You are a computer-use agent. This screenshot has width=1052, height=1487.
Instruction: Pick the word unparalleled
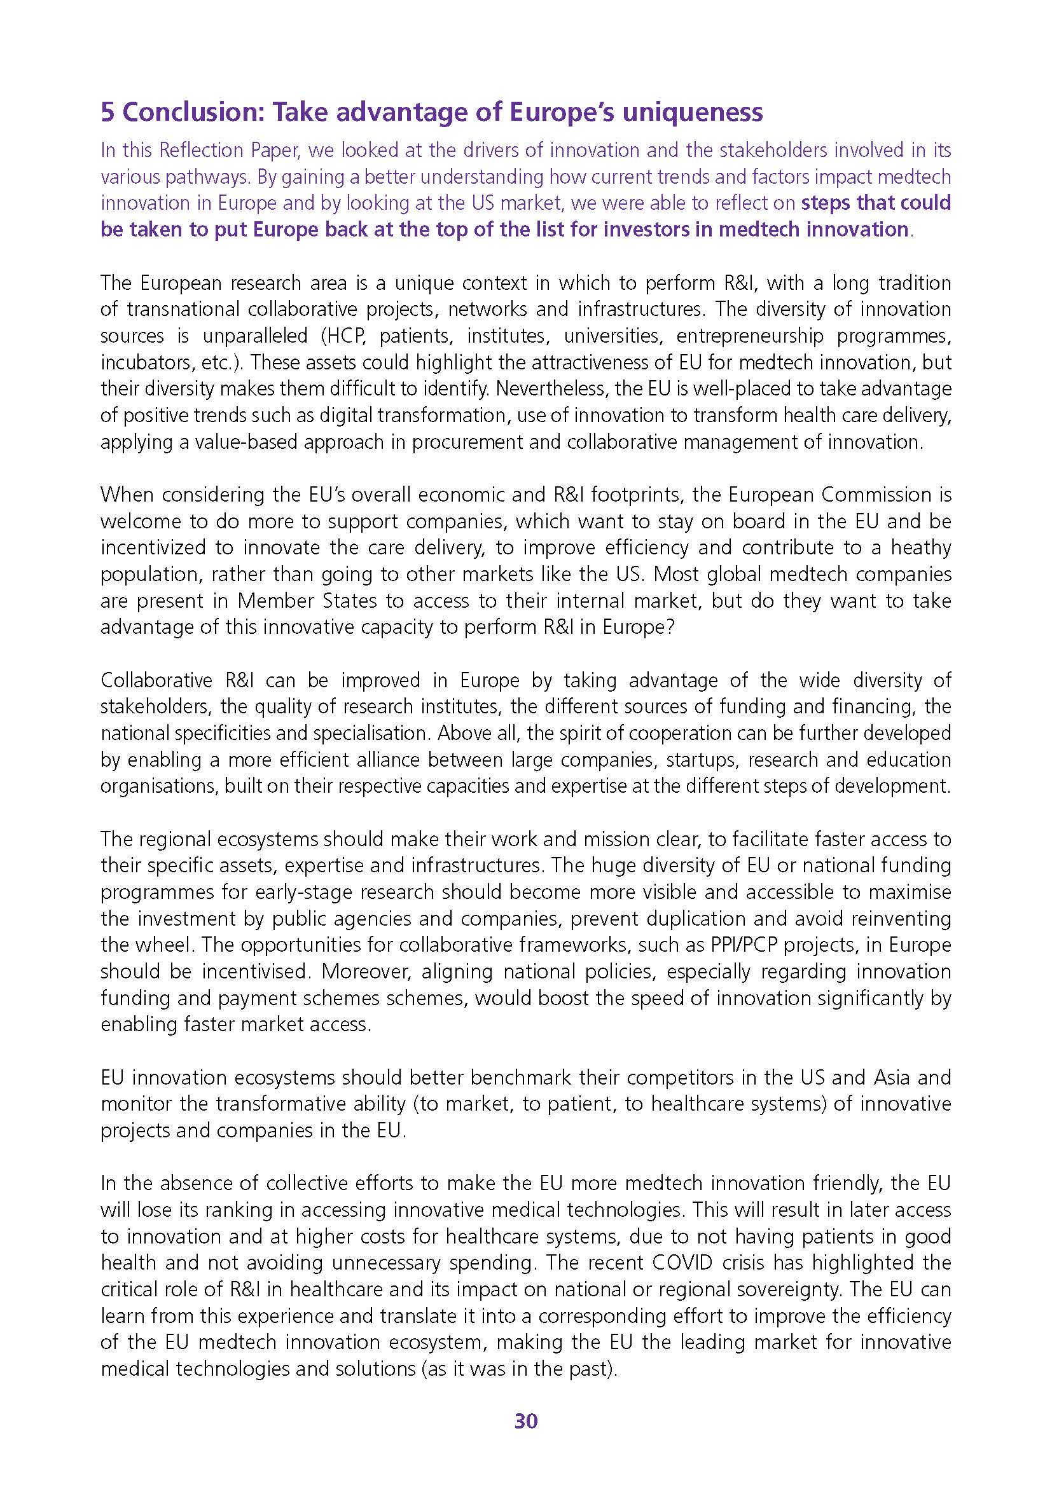click(255, 336)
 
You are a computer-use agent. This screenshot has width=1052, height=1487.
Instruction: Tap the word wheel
click(170, 945)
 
